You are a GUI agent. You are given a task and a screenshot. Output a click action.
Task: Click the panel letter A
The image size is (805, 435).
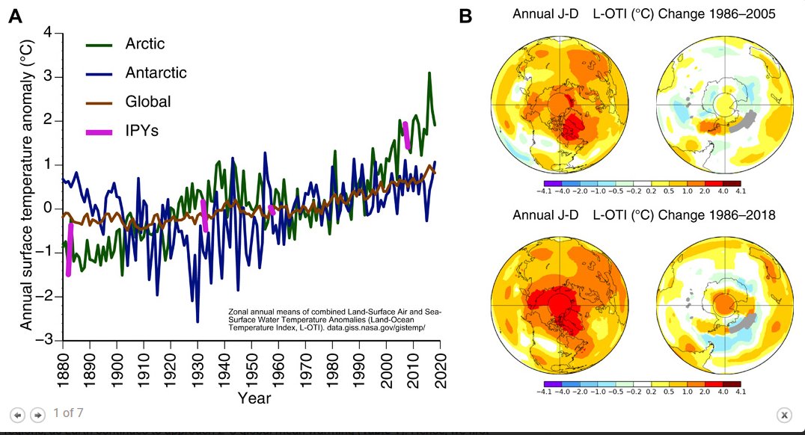click(x=16, y=17)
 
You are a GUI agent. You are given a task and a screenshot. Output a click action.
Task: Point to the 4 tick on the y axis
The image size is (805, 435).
click(x=48, y=33)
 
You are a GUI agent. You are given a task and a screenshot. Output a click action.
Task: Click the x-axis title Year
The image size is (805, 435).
click(x=254, y=398)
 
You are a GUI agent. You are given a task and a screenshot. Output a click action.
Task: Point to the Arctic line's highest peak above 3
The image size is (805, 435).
click(x=429, y=73)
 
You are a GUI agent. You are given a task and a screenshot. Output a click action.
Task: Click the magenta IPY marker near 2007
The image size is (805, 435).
click(x=406, y=135)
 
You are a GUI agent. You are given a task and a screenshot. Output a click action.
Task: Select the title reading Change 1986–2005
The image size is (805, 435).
click(x=644, y=13)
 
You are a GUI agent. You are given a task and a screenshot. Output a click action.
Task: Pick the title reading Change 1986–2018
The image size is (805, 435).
click(x=644, y=215)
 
